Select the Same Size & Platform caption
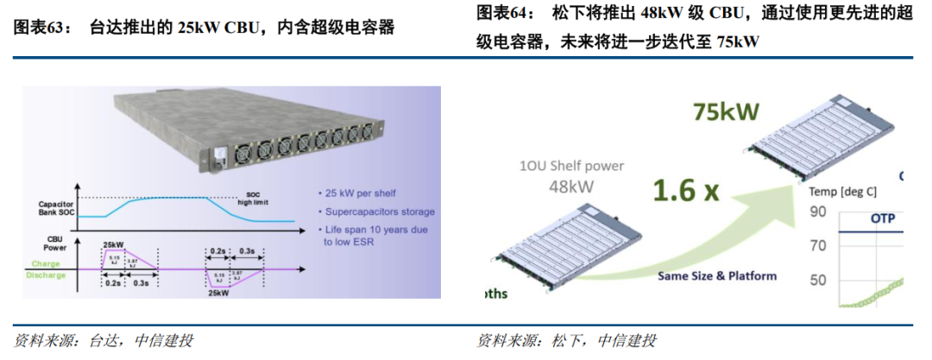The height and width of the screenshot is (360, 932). click(x=717, y=276)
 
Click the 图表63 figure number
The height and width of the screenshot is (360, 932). click(x=41, y=28)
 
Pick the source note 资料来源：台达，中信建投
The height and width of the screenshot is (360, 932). click(x=104, y=340)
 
